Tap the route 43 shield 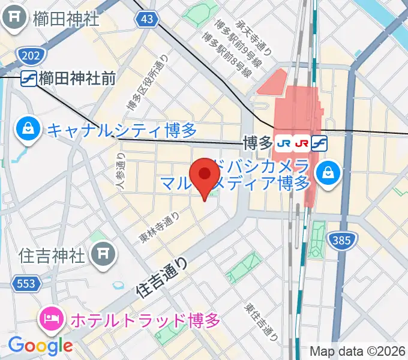[147, 20]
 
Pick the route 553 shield [26, 283]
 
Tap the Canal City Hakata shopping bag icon [28, 128]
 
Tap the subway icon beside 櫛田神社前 [28, 78]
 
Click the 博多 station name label [257, 143]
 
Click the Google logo [40, 345]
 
